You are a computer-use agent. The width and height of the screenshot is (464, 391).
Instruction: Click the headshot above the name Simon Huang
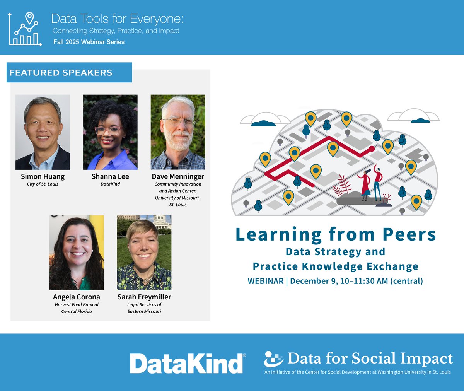[x=43, y=132]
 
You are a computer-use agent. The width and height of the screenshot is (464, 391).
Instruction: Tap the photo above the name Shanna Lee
[x=110, y=132]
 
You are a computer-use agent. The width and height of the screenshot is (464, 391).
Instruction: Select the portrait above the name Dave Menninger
[x=178, y=132]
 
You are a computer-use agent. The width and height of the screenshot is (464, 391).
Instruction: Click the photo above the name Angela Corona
[x=77, y=253]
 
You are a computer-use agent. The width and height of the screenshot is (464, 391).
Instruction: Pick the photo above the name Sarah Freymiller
[x=144, y=253]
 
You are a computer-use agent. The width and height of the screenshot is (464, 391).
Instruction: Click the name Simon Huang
[x=43, y=176]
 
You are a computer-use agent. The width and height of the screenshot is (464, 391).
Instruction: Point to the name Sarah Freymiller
[x=144, y=297]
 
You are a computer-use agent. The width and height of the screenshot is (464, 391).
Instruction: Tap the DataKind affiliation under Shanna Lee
[x=110, y=184]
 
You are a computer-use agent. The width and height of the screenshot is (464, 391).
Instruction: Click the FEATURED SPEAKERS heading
[x=61, y=73]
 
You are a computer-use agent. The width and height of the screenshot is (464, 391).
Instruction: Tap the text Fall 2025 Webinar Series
[x=89, y=42]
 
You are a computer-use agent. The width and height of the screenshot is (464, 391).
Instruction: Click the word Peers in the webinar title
[x=409, y=234]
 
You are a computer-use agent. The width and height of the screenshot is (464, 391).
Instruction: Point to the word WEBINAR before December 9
[x=266, y=281]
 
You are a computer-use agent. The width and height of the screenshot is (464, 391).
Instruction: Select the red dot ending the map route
[x=372, y=148]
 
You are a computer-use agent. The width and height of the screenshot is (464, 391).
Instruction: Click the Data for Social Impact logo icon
[x=274, y=359]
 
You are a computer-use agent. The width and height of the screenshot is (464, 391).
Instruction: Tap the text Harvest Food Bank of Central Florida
[x=77, y=308]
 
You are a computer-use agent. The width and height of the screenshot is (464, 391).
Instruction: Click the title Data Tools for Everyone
[x=118, y=19]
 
